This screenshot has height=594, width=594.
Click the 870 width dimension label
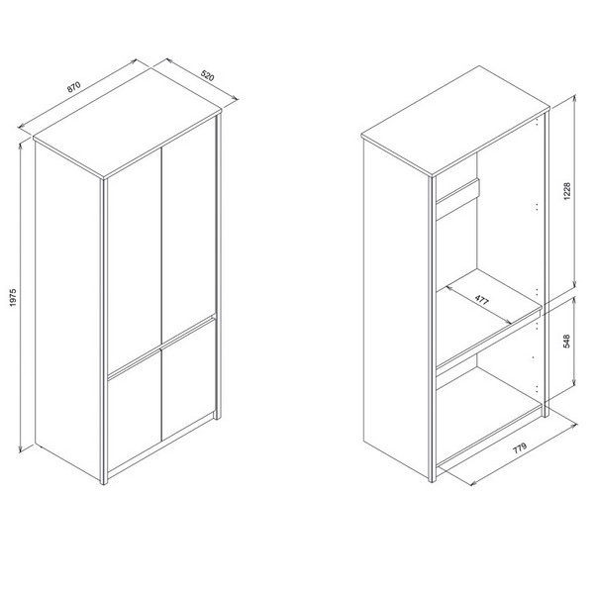point(74,87)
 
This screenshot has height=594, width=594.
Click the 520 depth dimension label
point(207,76)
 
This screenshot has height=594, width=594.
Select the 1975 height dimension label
point(13,297)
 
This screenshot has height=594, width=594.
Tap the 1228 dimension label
point(567,191)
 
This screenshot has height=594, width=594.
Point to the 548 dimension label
point(567,342)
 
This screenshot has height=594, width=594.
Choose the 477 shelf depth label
point(482,300)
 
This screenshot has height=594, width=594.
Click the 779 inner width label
point(520,448)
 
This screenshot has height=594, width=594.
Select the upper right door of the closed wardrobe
point(189,231)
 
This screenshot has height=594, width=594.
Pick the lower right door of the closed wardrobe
point(189,381)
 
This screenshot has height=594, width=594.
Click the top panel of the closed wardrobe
point(127,122)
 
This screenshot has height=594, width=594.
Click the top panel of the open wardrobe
point(455,121)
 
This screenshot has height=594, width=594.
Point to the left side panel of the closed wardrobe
point(67,311)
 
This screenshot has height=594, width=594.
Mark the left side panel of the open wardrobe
point(396,309)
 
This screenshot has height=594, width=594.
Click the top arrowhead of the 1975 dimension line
point(21,147)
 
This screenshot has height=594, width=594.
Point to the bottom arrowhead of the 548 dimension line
point(575,381)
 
